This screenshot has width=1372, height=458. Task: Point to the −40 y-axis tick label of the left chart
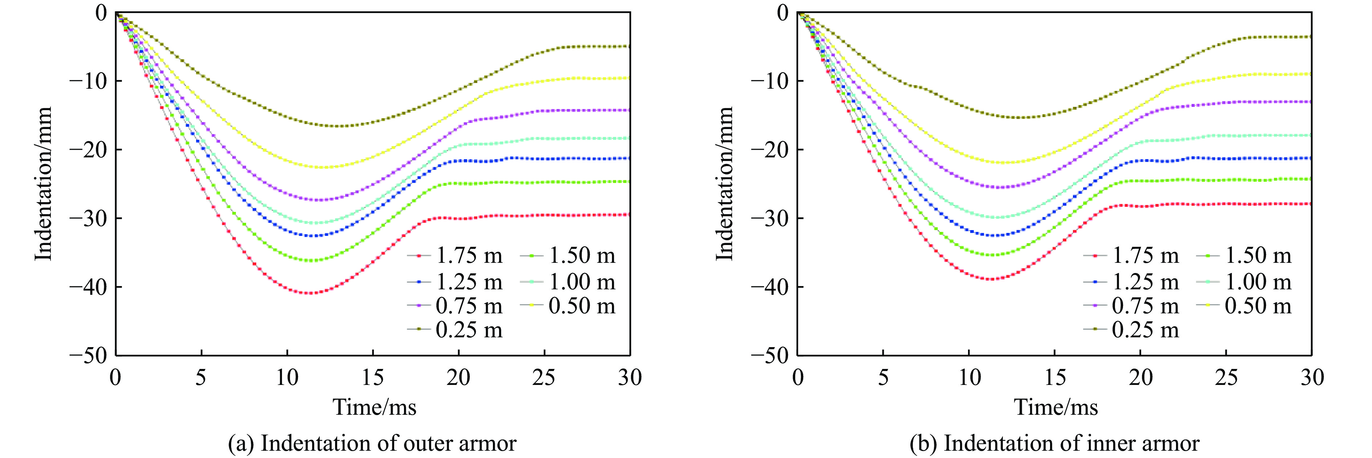88,287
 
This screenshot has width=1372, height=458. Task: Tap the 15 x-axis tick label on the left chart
372,378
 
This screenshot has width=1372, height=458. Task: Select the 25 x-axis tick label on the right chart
1226,378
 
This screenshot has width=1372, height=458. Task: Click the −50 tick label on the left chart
88,355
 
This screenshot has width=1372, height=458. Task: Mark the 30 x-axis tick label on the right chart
1312,378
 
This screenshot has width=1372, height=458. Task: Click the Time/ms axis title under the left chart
375,407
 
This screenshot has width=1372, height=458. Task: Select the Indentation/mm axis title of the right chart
724,184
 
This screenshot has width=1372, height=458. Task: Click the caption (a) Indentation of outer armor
372,443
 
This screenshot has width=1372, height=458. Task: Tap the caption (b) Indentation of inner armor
1054,443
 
